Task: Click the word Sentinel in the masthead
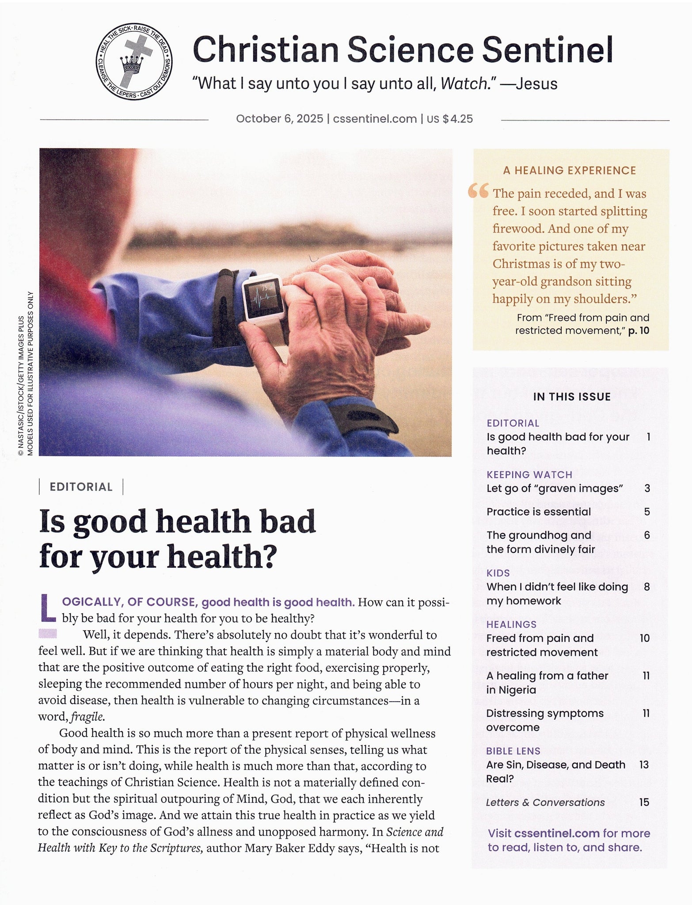click(547, 50)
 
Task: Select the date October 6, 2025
click(279, 119)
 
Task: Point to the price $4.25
click(457, 119)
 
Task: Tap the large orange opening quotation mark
click(479, 191)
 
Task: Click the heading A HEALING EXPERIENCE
click(569, 171)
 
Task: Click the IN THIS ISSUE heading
click(571, 397)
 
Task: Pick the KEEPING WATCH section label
click(529, 475)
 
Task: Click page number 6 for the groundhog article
click(646, 535)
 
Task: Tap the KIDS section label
click(498, 573)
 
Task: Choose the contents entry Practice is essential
click(538, 512)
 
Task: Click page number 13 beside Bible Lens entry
click(644, 764)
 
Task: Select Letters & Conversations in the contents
click(545, 802)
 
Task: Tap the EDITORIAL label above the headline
click(81, 487)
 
